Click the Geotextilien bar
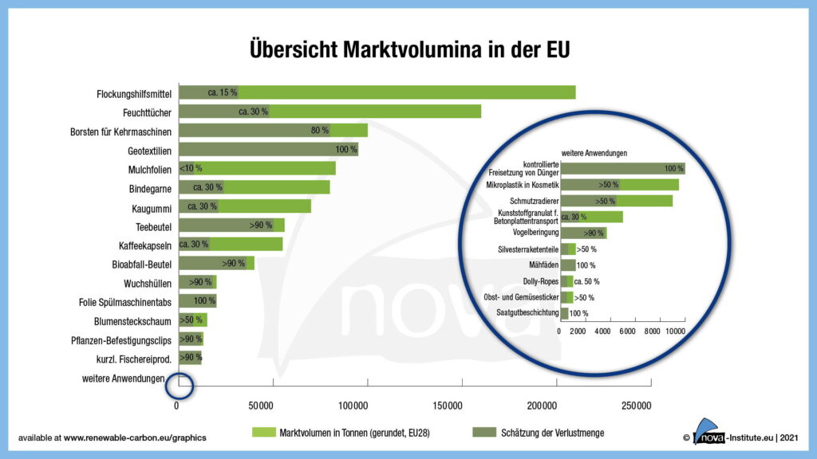[268, 150]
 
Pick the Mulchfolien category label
[150, 169]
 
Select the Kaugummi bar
[244, 207]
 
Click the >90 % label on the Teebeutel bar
[261, 226]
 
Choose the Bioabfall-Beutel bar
[216, 263]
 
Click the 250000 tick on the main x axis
[636, 406]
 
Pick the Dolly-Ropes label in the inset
[539, 281]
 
